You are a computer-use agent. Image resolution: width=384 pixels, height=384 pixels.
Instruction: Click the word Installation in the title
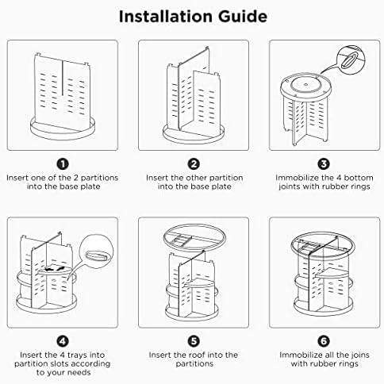click(166, 17)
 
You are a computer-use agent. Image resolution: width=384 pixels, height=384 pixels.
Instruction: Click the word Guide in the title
click(243, 17)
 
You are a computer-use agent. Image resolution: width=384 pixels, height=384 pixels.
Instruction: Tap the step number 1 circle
click(63, 164)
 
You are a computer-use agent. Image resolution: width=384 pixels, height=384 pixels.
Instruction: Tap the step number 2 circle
click(194, 164)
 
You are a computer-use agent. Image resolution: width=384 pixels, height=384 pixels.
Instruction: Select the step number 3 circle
click(324, 164)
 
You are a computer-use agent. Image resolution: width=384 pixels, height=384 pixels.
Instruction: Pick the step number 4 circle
click(63, 341)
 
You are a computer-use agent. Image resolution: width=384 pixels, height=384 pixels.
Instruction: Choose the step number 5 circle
click(194, 341)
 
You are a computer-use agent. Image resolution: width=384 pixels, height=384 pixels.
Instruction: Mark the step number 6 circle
click(324, 341)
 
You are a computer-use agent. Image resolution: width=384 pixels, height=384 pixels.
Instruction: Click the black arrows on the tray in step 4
click(55, 269)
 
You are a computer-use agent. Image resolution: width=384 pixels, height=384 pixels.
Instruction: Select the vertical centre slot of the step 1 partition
click(63, 79)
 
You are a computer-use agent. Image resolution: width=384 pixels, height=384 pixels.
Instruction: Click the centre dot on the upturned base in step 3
click(306, 85)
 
